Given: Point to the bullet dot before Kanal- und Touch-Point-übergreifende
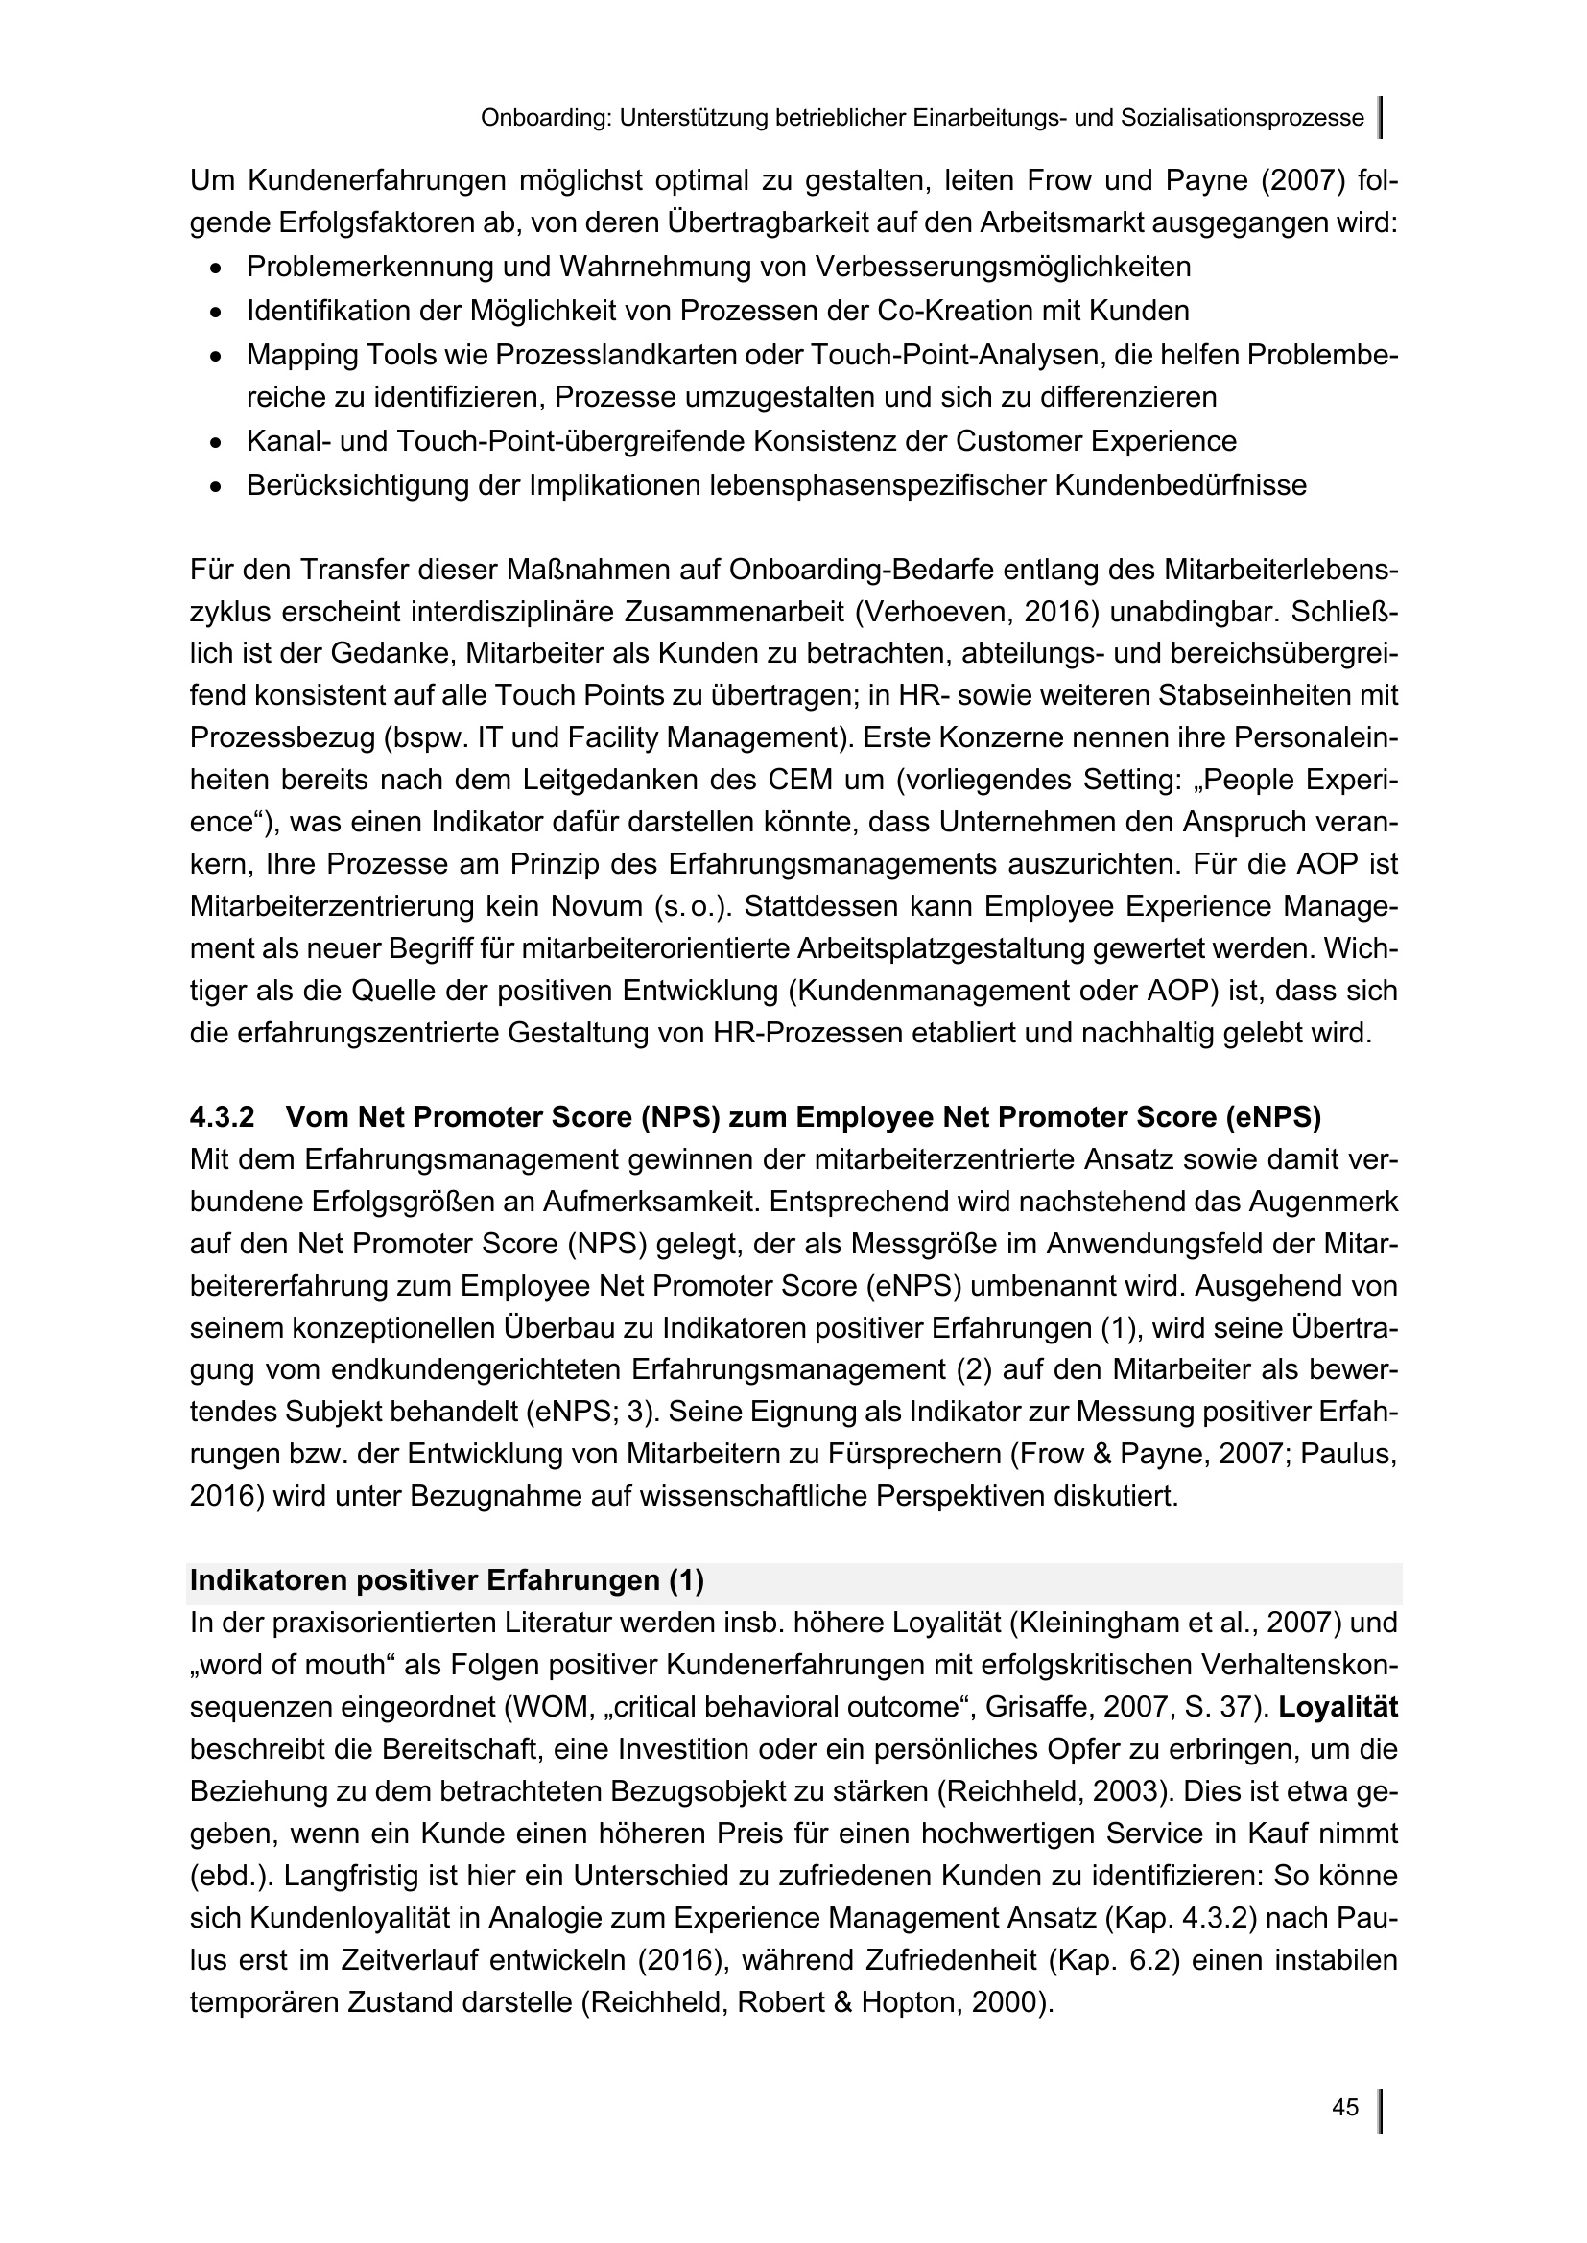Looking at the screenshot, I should [x=216, y=442].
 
